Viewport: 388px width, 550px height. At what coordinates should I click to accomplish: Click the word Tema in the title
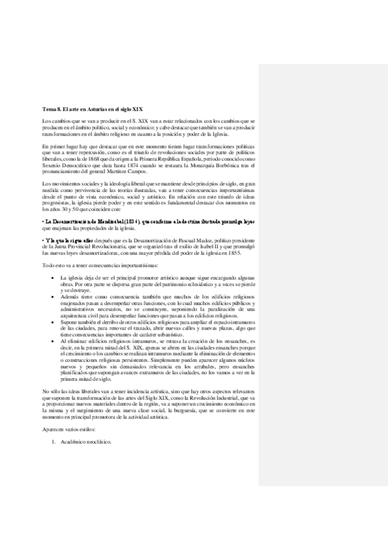(49, 110)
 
